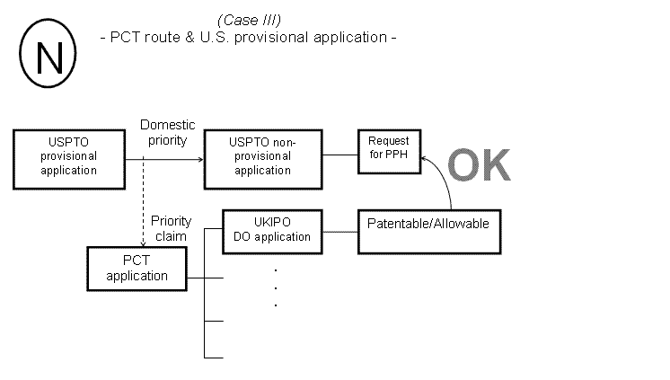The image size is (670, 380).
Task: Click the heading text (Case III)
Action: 249,20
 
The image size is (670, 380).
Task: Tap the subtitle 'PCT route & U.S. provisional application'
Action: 248,38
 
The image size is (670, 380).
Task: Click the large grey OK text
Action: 479,165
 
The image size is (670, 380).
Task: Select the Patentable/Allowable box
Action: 428,230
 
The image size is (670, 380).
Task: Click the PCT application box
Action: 137,269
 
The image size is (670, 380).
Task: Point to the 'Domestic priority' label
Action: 167,132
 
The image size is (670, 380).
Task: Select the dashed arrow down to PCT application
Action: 142,202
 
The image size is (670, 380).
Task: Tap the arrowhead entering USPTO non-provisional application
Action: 199,160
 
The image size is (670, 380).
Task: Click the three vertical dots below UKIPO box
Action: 274,287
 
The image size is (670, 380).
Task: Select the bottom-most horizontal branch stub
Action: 214,358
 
